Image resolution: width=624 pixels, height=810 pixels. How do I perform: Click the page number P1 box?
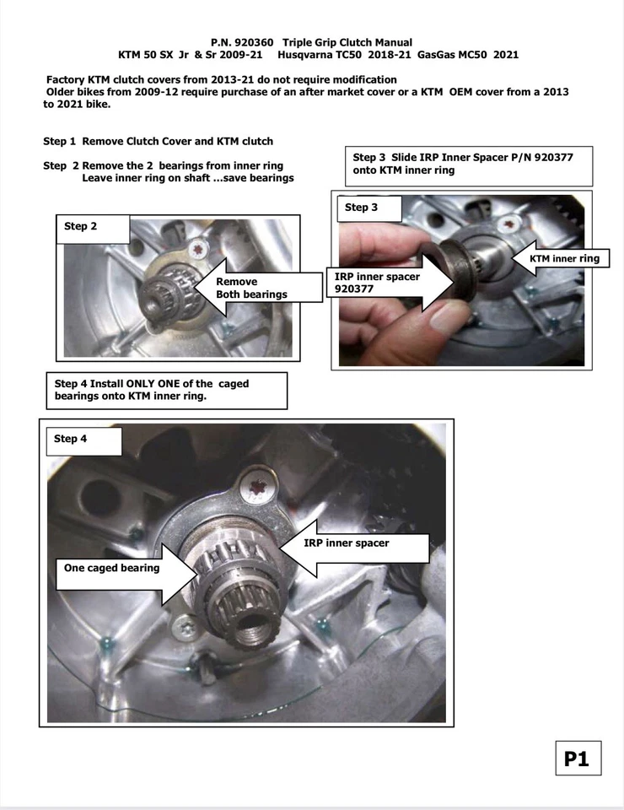tap(577, 759)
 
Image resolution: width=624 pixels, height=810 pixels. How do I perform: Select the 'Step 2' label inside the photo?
tap(81, 226)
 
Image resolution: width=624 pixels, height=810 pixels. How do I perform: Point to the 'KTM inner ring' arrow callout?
tap(560, 259)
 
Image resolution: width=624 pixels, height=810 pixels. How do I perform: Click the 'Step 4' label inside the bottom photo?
tap(71, 439)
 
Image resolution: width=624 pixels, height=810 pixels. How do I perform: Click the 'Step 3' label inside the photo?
tap(362, 208)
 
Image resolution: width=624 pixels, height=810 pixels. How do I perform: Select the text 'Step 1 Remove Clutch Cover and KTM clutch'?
tap(158, 141)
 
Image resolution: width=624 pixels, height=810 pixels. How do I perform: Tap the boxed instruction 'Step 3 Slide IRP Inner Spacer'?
tap(471, 164)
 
